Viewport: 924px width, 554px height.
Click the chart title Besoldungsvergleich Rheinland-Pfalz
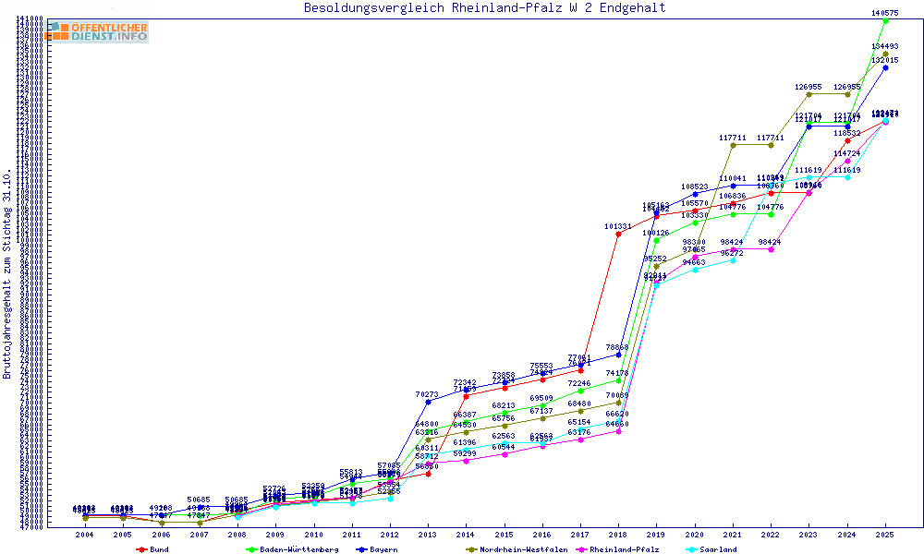(x=484, y=8)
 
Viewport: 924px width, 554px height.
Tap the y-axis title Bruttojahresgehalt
(x=7, y=273)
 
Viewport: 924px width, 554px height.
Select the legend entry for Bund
(x=158, y=549)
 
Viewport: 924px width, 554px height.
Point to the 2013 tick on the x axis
(x=428, y=535)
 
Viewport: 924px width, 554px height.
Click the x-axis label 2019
(x=657, y=535)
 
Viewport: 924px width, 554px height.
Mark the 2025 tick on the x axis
(x=885, y=535)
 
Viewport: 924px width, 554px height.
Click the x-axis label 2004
(x=85, y=535)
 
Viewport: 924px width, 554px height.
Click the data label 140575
(x=885, y=13)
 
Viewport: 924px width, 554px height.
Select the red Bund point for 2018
(x=618, y=234)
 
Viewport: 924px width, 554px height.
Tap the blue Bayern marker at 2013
(x=428, y=402)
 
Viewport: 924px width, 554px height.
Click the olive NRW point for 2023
(x=808, y=94)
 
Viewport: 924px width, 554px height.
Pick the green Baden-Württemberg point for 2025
(x=885, y=20)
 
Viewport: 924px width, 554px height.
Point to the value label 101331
(x=618, y=226)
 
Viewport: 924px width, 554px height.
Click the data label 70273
(x=428, y=394)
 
